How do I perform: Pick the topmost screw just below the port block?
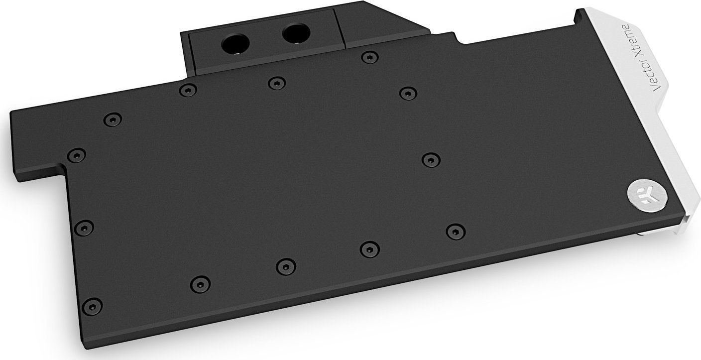click(x=367, y=58)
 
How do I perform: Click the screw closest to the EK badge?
click(x=453, y=231)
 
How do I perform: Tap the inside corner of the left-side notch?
click(x=62, y=171)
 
